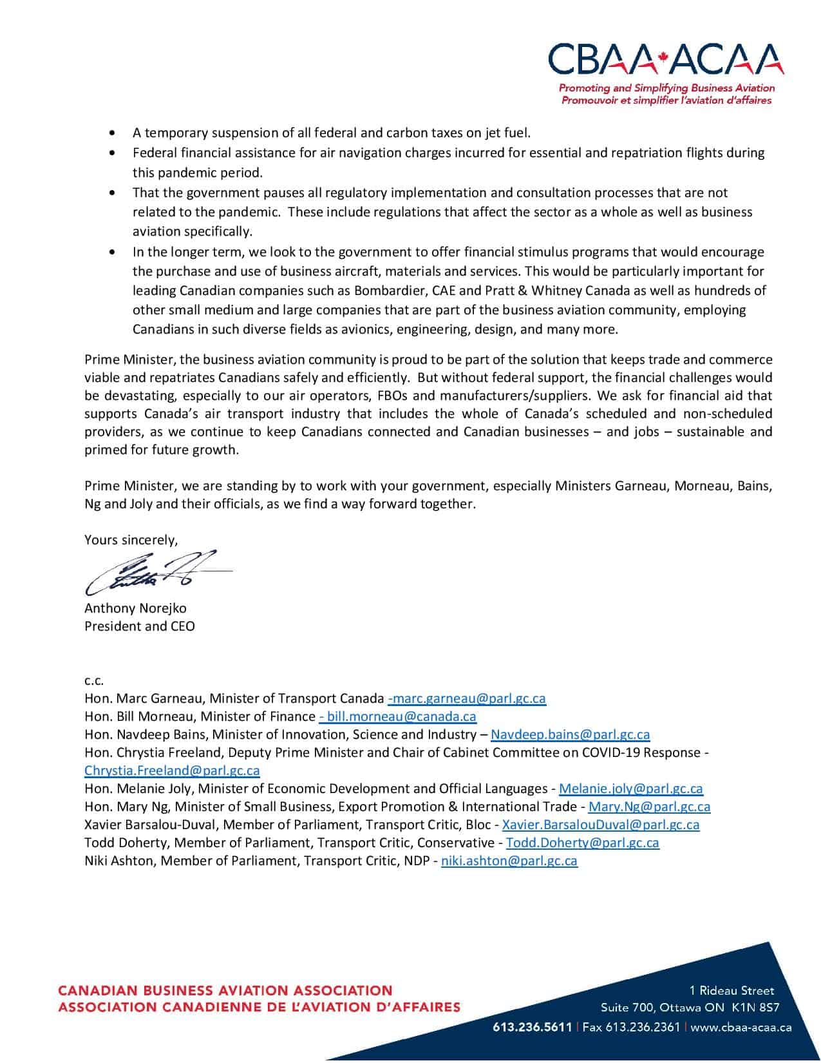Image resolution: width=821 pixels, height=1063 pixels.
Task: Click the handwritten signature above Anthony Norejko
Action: tap(155, 571)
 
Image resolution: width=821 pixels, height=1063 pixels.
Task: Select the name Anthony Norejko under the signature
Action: tap(135, 608)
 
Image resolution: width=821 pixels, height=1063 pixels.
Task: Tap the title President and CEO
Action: tap(140, 626)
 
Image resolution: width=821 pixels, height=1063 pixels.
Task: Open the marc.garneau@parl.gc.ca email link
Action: tap(467, 698)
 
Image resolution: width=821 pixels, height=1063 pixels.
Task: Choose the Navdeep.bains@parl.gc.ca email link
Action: tap(570, 734)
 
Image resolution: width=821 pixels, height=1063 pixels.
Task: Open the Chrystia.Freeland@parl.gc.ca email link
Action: tap(172, 771)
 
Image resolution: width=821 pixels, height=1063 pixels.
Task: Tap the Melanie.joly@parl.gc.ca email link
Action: tap(631, 789)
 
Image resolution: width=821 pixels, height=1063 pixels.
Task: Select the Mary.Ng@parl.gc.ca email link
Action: tap(649, 807)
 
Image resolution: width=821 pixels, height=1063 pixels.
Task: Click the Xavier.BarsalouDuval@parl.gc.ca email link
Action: tap(600, 825)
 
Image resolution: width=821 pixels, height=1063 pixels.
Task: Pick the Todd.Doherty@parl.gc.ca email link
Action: tap(582, 843)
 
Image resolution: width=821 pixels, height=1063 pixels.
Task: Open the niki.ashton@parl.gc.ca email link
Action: tap(509, 861)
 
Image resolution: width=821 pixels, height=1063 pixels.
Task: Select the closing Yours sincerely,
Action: tap(131, 540)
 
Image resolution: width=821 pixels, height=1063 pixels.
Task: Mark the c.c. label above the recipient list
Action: tap(94, 680)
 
